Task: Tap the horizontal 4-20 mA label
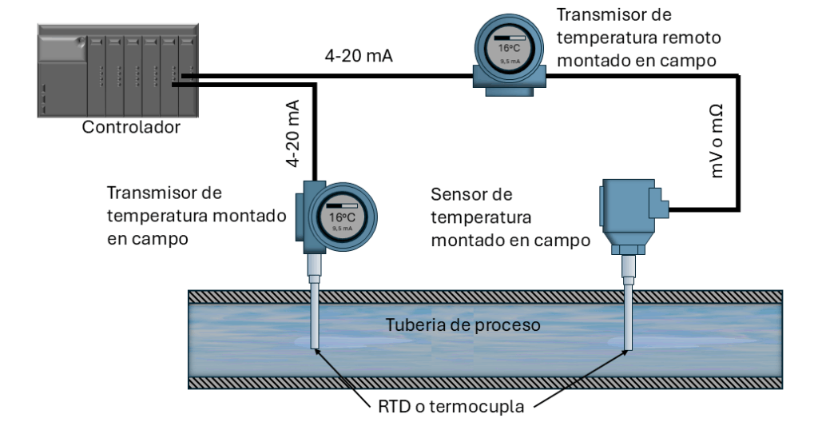point(359,57)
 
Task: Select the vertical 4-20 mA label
point(293,134)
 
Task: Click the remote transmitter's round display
point(510,50)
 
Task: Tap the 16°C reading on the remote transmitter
point(510,48)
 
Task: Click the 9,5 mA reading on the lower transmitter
point(342,229)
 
